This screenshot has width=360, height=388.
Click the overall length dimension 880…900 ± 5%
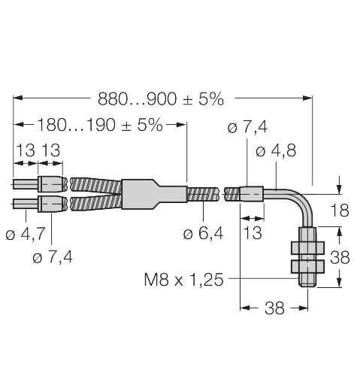point(160,99)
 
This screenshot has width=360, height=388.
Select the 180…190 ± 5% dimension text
point(100,125)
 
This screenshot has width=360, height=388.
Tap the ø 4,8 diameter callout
point(276,150)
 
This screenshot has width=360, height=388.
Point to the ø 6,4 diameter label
point(203,233)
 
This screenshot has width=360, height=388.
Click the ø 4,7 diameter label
point(26,234)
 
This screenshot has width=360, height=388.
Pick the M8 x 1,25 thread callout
point(183,280)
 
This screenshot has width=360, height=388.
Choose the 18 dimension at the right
point(340,211)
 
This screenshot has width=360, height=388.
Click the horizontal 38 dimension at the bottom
point(274,308)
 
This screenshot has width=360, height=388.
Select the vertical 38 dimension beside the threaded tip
point(340,257)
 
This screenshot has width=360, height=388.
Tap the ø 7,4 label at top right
point(247,127)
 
